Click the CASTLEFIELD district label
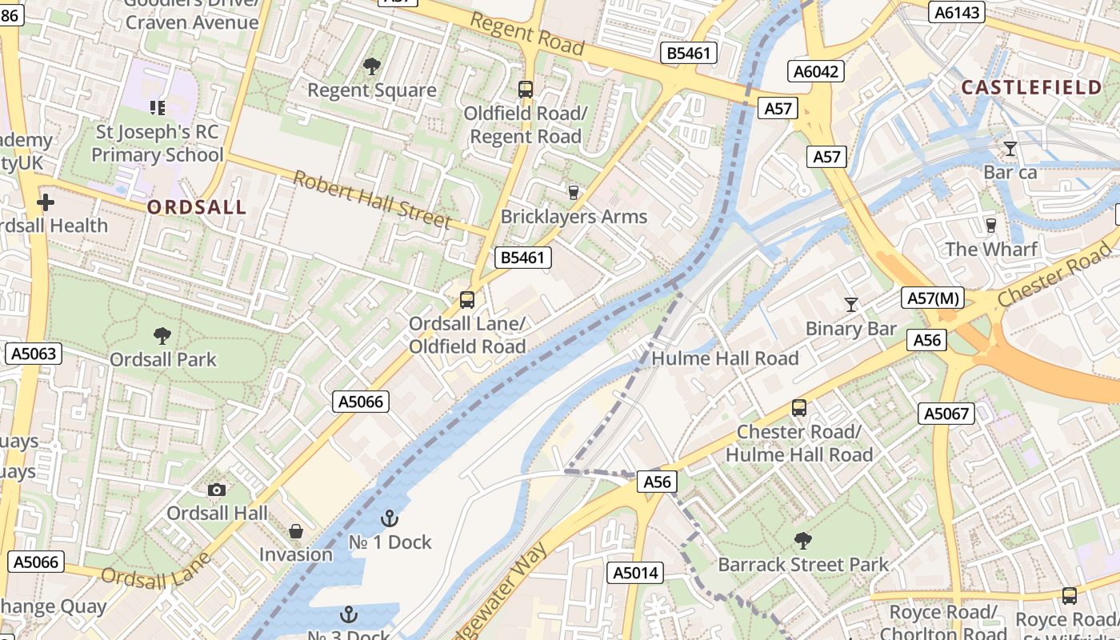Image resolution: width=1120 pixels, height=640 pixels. [1031, 87]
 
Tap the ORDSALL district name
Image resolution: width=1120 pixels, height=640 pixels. [196, 207]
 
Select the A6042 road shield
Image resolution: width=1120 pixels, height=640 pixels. [816, 71]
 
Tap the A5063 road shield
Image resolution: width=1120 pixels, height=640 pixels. [33, 354]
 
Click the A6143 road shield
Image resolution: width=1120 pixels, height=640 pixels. [957, 12]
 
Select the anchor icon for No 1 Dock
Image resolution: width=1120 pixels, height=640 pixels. [390, 518]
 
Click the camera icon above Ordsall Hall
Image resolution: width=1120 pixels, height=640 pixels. [216, 490]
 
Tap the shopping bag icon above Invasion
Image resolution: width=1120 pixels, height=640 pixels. [296, 531]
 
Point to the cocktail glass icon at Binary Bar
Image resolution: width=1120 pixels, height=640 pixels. [851, 305]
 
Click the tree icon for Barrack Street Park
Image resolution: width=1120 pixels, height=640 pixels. [802, 541]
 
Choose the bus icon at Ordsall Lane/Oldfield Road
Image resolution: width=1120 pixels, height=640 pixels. [467, 300]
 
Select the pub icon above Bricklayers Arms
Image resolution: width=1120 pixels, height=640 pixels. [573, 192]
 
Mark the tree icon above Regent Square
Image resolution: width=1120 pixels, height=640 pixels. [371, 66]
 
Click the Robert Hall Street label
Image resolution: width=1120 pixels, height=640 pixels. [371, 199]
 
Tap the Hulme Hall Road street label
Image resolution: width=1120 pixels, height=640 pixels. [725, 358]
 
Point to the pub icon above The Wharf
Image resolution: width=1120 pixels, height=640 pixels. [991, 225]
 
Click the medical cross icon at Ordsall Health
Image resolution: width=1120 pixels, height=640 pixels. [46, 202]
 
